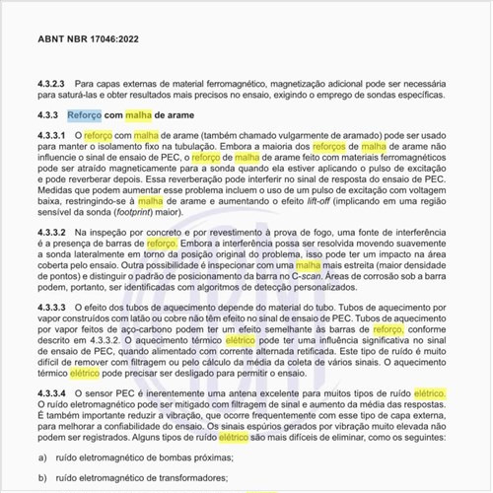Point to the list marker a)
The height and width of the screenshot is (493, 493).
tap(42, 458)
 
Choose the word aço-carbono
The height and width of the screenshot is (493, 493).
tap(192, 331)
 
